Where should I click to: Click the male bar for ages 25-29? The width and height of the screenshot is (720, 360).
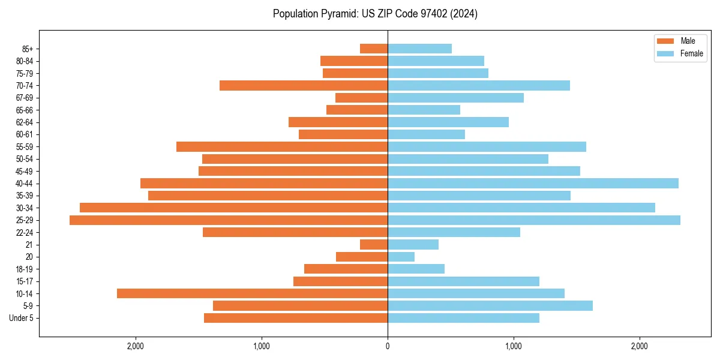[229, 220]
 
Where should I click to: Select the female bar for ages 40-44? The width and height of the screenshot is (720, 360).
[533, 184]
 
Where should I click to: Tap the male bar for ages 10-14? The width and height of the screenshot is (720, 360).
[252, 293]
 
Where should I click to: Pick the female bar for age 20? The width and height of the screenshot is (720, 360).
[401, 257]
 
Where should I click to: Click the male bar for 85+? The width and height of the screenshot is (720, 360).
[374, 49]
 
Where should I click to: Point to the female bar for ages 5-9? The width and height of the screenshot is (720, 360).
[490, 306]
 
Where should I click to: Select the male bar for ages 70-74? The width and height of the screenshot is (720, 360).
[304, 86]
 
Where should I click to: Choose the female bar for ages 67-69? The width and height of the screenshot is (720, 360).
[455, 98]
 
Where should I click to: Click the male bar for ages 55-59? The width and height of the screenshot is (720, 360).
[282, 147]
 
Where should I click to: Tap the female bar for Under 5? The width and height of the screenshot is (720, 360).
[463, 318]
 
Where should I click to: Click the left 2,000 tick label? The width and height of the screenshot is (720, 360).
[136, 346]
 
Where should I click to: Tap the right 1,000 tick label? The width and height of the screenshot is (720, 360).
[514, 346]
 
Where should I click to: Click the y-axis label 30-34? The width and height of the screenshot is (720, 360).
[25, 208]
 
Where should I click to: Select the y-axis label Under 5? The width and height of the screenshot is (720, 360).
[22, 318]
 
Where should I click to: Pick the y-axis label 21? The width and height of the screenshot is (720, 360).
[29, 245]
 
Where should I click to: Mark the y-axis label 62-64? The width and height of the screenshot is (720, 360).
[25, 122]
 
